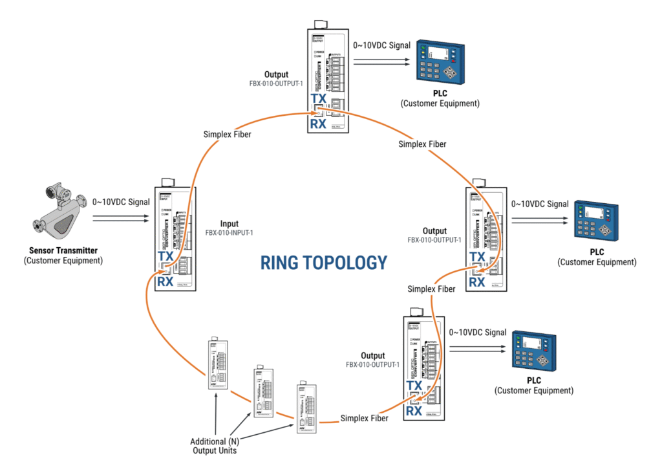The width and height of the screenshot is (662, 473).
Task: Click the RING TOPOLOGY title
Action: [x=323, y=263]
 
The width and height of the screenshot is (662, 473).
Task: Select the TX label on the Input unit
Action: [x=165, y=256]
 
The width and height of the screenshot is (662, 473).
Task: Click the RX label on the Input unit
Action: [x=165, y=281]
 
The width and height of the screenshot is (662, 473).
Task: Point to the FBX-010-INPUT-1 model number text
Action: [x=230, y=232]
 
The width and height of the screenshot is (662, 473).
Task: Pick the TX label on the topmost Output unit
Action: [x=318, y=98]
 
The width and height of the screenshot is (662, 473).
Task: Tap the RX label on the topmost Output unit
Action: [x=318, y=124]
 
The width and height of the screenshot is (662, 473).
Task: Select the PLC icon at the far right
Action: [x=596, y=221]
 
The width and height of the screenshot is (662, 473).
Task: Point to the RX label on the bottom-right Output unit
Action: [x=414, y=411]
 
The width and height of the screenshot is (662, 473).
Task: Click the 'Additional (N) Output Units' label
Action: [x=215, y=446]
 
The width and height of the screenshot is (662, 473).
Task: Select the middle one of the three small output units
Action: [x=261, y=392]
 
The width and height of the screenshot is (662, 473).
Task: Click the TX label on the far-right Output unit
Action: [x=477, y=257]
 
